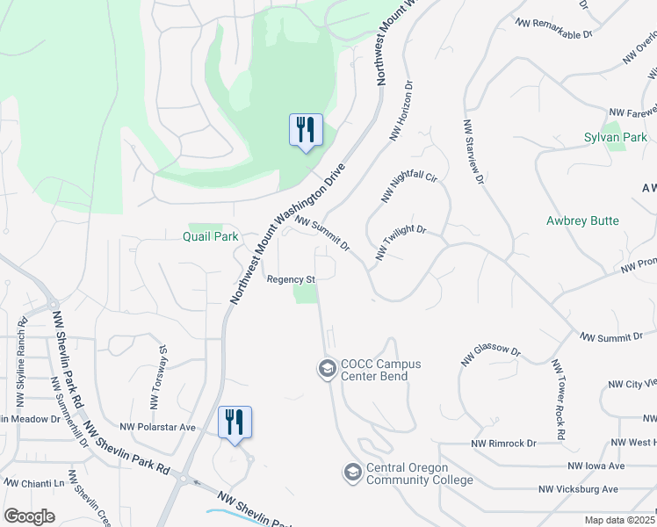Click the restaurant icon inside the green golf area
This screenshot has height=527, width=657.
(x=306, y=130)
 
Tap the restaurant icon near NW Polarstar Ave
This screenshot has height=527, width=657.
(x=235, y=422)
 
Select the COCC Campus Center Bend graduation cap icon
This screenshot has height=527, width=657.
(x=327, y=367)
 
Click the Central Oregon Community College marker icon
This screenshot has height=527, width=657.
(x=352, y=473)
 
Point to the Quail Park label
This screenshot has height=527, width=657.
(x=210, y=236)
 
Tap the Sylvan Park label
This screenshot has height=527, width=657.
(x=615, y=138)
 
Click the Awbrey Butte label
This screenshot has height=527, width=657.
(x=582, y=221)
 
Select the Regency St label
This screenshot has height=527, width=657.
(x=291, y=279)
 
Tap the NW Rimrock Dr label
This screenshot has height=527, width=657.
(x=504, y=444)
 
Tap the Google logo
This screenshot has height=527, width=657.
(x=29, y=516)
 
